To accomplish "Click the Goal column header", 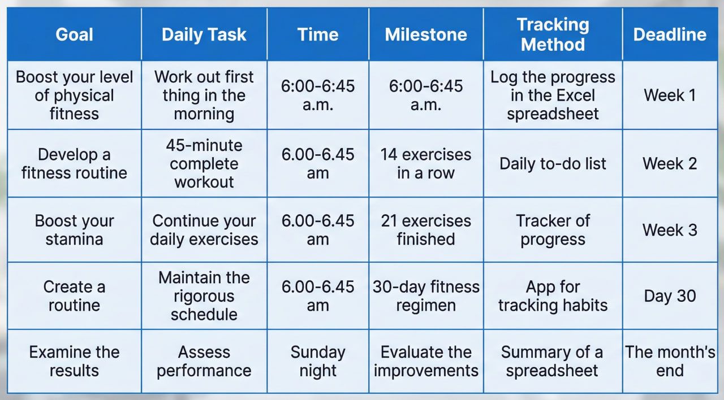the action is point(74,34).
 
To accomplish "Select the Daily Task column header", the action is point(204,34).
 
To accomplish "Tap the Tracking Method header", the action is point(553,34).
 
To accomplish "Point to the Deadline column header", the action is point(670,34).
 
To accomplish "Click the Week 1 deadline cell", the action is point(670,95).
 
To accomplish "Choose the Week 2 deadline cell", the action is point(670,163).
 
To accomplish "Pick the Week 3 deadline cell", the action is point(670,230).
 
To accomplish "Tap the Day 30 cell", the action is point(670,296).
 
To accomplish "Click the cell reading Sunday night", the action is point(318,361).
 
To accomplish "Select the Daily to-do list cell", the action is point(553,164).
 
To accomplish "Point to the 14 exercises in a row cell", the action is point(426,164).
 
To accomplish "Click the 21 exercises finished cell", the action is point(426,230).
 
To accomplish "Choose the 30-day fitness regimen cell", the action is point(426,296).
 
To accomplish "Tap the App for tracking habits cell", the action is point(553,296).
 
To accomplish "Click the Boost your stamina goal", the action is point(74,230).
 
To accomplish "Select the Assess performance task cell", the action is point(204,361).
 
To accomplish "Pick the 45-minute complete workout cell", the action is point(204,164).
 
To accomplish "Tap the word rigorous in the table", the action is point(204,296).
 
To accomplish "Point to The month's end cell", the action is point(670,361).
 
